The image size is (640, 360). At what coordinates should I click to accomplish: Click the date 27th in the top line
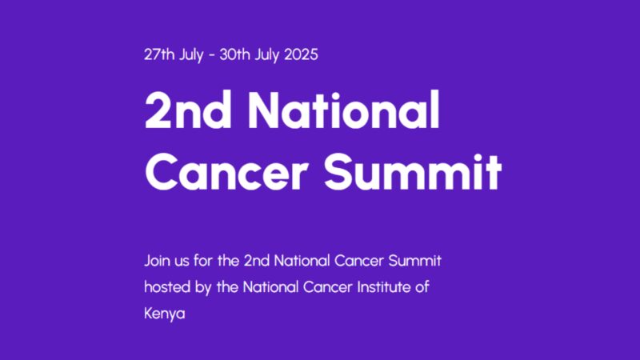click(158, 55)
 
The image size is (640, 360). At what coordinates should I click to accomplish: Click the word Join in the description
click(157, 261)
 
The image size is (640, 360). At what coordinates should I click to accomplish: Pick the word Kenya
click(164, 313)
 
